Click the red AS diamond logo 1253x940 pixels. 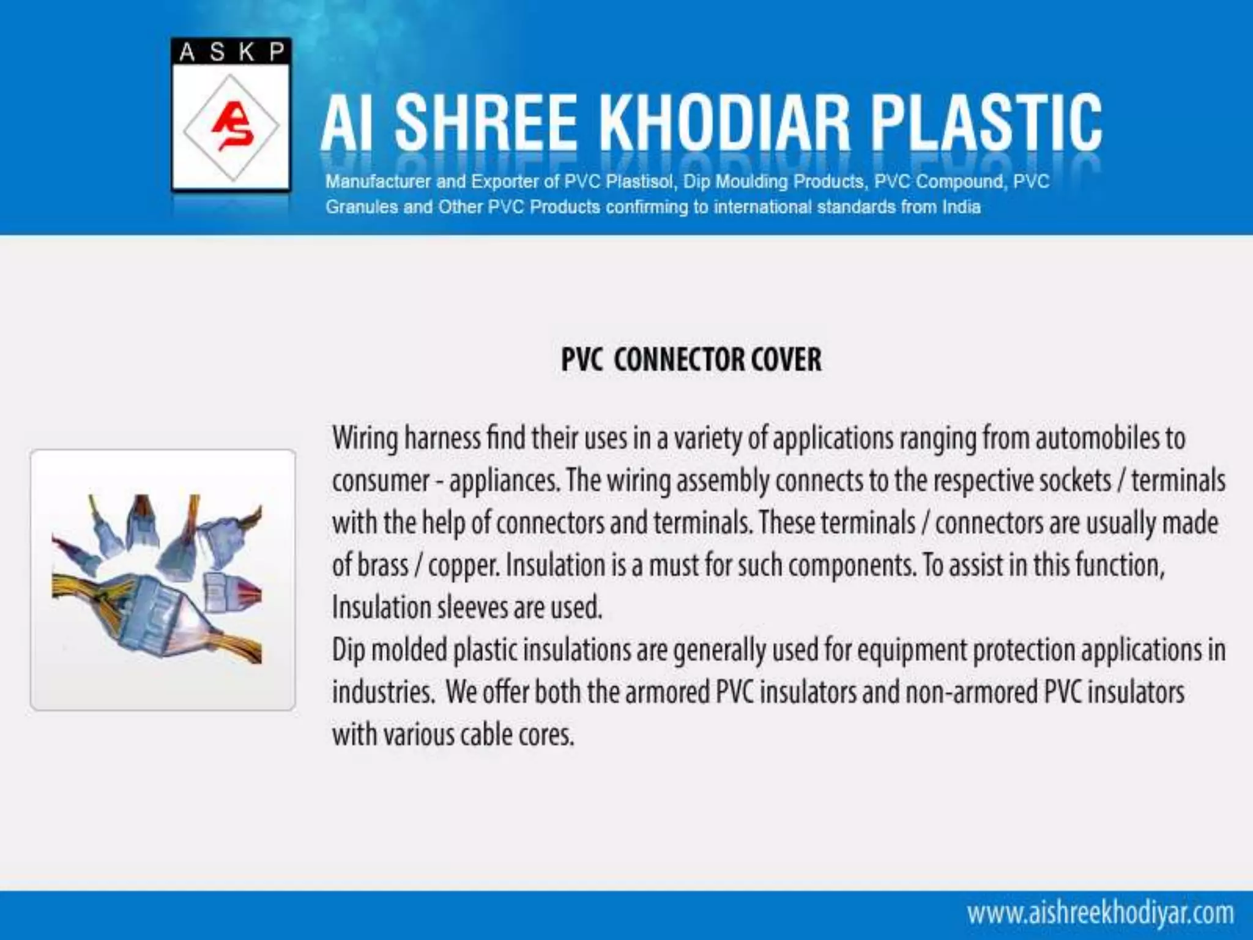231,127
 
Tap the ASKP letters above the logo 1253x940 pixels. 231,53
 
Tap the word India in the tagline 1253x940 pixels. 961,207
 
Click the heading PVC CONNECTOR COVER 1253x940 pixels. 691,359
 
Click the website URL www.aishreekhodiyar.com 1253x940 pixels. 1100,913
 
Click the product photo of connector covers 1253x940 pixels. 163,580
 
